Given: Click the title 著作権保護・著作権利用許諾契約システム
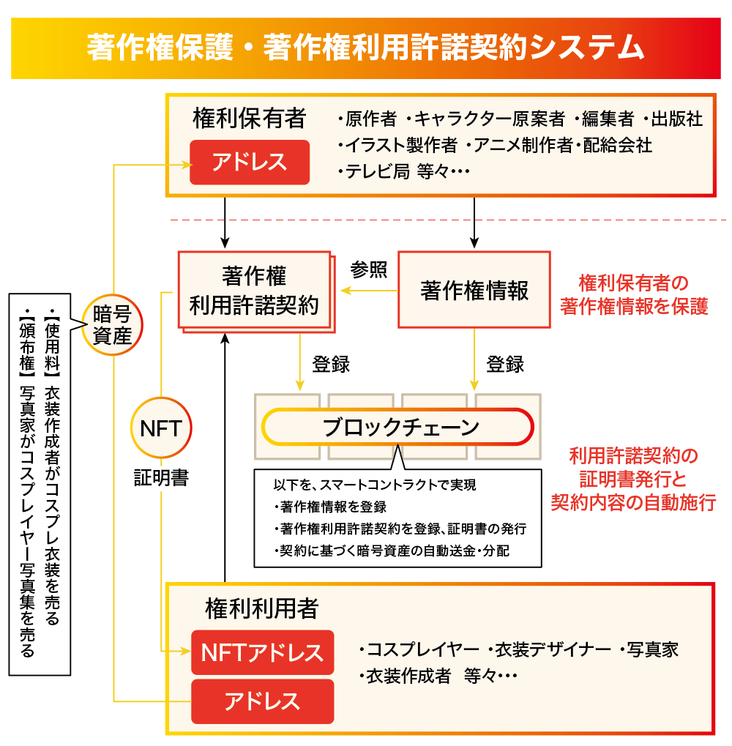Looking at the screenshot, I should (365, 47).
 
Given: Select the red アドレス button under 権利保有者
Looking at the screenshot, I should (250, 162).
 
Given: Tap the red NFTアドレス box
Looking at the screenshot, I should (262, 652).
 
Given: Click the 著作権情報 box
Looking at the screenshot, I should (474, 291).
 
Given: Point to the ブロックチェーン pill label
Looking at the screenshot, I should (400, 427).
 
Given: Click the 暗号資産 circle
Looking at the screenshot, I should (112, 325).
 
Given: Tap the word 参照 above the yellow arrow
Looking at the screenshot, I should (368, 269).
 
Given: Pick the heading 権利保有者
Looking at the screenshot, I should (249, 118).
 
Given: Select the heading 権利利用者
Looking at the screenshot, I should (261, 608).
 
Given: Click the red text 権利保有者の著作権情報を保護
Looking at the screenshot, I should (634, 294).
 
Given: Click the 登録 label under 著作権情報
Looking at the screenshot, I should (505, 364).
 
